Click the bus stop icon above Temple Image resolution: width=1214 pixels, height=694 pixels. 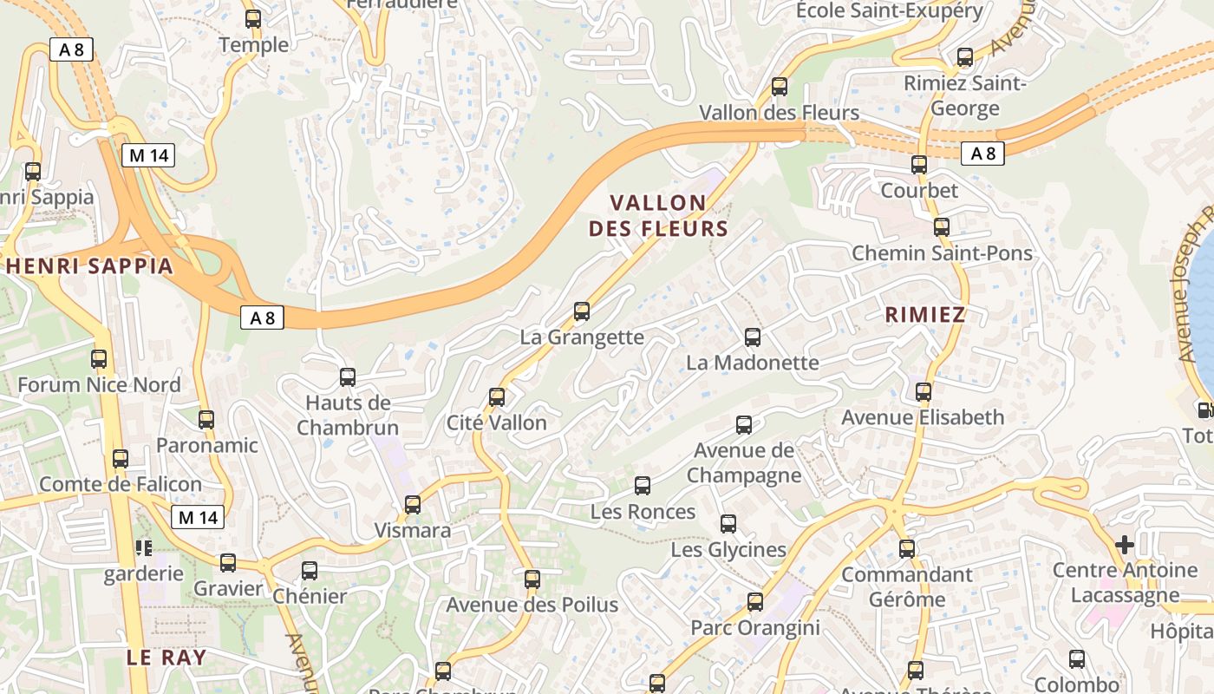pos(253,18)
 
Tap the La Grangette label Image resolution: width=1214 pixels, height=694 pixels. pos(582,337)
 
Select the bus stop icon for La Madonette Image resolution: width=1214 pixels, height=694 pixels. pos(753,337)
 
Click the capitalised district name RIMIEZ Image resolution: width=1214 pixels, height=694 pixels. pos(925,315)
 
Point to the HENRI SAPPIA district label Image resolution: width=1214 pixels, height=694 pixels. pos(90,266)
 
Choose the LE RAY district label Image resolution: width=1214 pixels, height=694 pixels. pos(167,657)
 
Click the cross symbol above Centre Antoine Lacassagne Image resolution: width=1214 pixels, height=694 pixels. pos(1125,545)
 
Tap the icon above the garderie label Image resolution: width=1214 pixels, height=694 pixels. pos(143,547)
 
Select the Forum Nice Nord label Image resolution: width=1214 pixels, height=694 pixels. pos(99,384)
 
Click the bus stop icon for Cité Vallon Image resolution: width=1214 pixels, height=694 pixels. pos(497,397)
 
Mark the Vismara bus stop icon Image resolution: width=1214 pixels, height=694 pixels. pos(413,504)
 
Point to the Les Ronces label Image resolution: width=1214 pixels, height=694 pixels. pos(643,512)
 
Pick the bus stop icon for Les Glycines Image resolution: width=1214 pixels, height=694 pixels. pos(728,524)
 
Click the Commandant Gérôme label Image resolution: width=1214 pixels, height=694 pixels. pos(907,586)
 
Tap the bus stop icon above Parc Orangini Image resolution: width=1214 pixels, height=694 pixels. pos(755,602)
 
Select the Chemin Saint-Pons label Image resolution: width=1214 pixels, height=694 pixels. pos(942,253)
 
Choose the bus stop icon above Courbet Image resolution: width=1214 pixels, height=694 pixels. pos(919,164)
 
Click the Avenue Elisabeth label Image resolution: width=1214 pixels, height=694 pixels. pos(923,417)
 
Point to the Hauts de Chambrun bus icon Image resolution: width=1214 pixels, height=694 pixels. pos(348,376)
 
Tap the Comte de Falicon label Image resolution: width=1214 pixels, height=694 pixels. pos(121,484)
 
